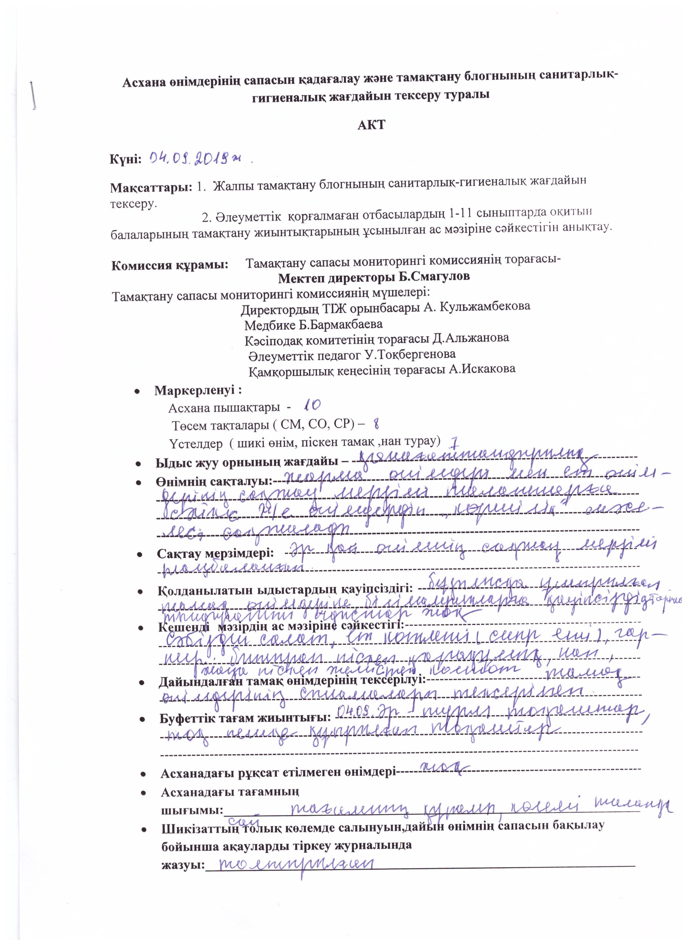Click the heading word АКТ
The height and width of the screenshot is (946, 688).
tap(371, 125)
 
